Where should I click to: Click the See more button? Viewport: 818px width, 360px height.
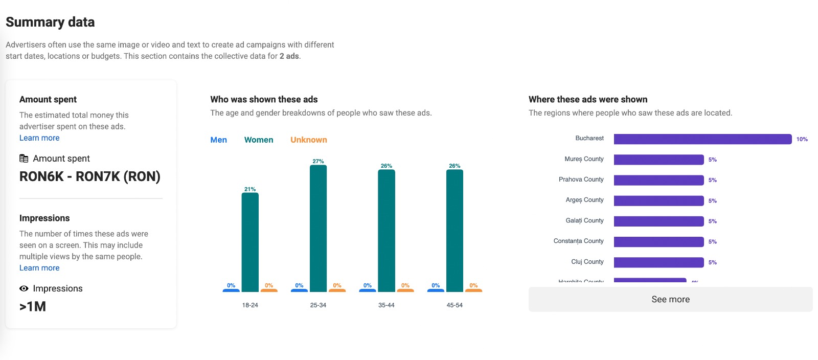click(x=670, y=299)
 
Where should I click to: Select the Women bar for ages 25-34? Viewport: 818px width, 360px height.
click(x=318, y=228)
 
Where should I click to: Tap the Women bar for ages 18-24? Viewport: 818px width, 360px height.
click(x=250, y=242)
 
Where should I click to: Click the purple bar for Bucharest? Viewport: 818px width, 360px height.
click(x=702, y=139)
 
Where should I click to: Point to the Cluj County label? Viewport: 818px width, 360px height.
click(x=587, y=262)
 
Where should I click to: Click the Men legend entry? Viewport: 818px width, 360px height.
click(x=218, y=140)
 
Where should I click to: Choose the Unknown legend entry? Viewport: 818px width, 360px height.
click(x=308, y=140)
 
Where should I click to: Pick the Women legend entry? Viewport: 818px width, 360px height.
click(x=259, y=140)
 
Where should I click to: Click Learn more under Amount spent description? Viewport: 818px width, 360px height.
click(x=39, y=138)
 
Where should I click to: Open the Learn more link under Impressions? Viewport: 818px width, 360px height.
click(x=39, y=268)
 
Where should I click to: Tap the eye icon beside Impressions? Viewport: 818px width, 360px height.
click(x=24, y=288)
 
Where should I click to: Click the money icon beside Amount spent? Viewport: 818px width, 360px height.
click(x=24, y=159)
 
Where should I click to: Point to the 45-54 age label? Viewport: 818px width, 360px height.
click(x=455, y=305)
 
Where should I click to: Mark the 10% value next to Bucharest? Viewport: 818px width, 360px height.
click(x=802, y=139)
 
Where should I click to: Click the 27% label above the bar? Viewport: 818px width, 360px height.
click(x=318, y=161)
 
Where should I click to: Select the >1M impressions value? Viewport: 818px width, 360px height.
click(x=33, y=306)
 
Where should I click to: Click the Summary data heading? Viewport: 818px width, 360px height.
click(x=50, y=22)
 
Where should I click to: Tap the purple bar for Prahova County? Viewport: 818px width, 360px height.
click(x=658, y=180)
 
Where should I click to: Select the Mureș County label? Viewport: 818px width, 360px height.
click(x=584, y=159)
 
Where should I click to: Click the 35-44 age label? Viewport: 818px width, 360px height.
click(x=386, y=305)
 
